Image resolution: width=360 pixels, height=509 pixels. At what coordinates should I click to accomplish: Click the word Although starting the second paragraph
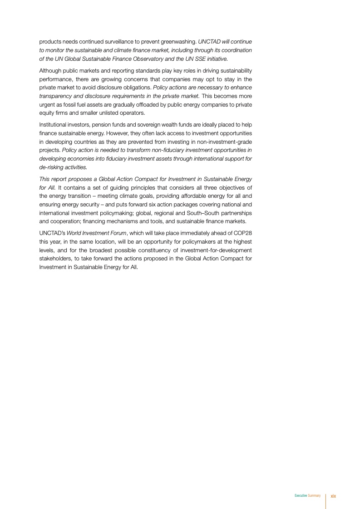click(49, 71)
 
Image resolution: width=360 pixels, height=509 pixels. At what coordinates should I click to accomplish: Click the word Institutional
click(53, 124)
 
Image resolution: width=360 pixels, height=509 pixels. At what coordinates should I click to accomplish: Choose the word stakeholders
click(54, 259)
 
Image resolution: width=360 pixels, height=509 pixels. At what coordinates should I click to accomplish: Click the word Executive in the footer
click(301, 496)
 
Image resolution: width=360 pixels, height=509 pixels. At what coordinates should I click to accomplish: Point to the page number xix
click(333, 496)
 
